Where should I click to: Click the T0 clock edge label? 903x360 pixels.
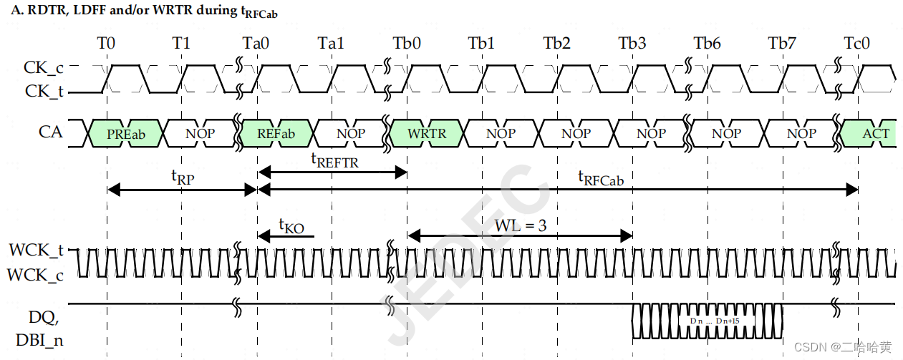point(106,43)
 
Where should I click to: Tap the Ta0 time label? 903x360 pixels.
point(256,43)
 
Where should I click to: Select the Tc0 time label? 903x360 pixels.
point(856,43)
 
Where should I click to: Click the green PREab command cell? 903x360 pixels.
point(125,133)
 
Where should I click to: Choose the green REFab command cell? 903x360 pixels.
point(276,133)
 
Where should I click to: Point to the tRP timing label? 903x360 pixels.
point(182,177)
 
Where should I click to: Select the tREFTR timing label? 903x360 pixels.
point(334,161)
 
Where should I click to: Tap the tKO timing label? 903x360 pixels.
point(291,227)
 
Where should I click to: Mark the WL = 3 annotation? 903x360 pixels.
point(521,225)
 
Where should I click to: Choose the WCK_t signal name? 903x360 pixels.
point(36,250)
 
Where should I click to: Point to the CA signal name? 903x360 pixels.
point(50,132)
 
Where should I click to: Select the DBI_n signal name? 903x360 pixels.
point(39,340)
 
